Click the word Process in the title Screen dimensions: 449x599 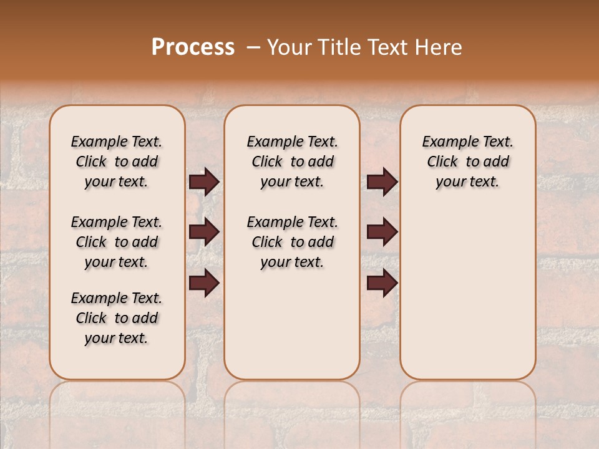click(193, 47)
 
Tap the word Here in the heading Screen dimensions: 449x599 click(439, 47)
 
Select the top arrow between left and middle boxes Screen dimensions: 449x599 click(204, 182)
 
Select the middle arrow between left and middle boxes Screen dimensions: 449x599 click(204, 232)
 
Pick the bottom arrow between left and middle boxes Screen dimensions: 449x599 click(204, 283)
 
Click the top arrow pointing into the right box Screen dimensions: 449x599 click(382, 182)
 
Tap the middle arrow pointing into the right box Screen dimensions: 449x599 click(382, 232)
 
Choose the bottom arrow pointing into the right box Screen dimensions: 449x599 click(382, 283)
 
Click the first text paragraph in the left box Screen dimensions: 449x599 click(117, 162)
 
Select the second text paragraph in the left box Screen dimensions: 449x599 click(117, 242)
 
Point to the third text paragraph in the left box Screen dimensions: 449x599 click(117, 318)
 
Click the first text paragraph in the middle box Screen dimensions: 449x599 click(293, 162)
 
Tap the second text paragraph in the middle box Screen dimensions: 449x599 click(293, 242)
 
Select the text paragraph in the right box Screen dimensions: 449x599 click(468, 162)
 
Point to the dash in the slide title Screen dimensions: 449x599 click(253, 47)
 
